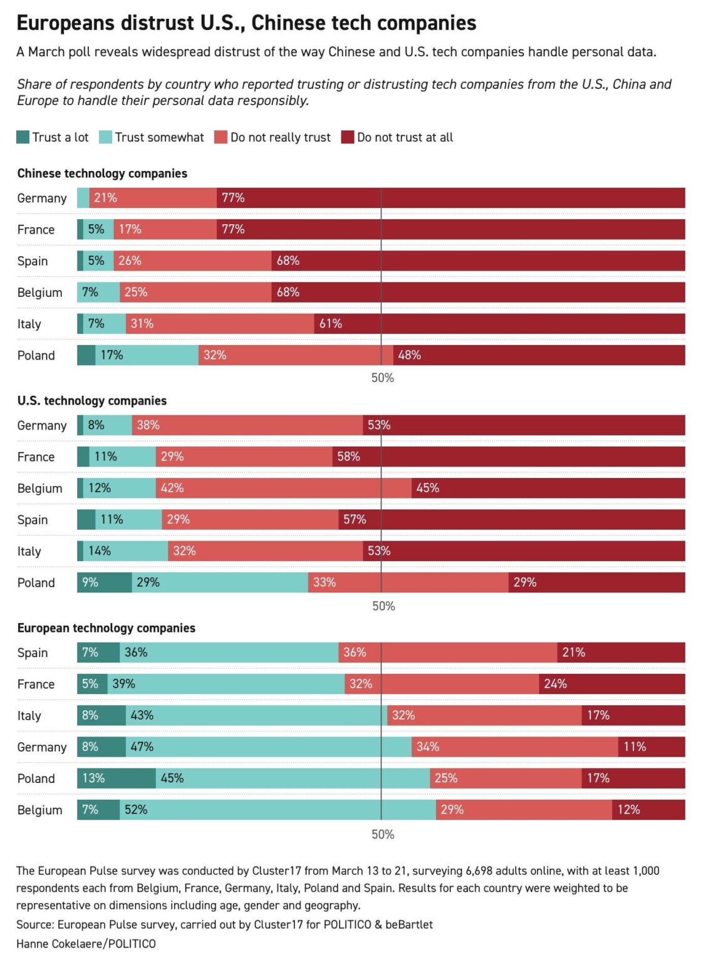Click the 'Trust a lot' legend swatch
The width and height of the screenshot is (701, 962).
pyautogui.click(x=23, y=137)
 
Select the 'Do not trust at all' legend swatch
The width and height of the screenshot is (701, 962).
pyautogui.click(x=347, y=137)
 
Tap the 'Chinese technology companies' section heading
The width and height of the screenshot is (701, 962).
pyautogui.click(x=102, y=173)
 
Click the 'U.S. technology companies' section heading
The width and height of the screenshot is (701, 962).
pyautogui.click(x=92, y=401)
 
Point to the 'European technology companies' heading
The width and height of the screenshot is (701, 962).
pyautogui.click(x=106, y=628)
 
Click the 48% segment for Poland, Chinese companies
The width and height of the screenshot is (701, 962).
pyautogui.click(x=539, y=355)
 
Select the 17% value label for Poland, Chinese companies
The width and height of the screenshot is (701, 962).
pyautogui.click(x=112, y=355)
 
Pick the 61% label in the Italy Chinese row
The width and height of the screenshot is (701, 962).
pyautogui.click(x=331, y=324)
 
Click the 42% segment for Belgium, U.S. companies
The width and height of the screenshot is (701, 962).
pyautogui.click(x=283, y=489)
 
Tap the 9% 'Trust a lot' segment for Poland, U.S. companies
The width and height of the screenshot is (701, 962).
pyautogui.click(x=104, y=582)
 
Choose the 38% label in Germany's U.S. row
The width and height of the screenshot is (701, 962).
pyautogui.click(x=148, y=425)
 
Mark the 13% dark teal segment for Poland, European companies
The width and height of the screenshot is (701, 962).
pyautogui.click(x=116, y=778)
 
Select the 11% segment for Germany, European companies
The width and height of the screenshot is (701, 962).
pyautogui.click(x=652, y=747)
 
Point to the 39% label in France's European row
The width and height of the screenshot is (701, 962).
pyautogui.click(x=123, y=684)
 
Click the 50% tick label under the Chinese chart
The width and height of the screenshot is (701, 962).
pyautogui.click(x=383, y=378)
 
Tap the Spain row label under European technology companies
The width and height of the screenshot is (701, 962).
pyautogui.click(x=33, y=653)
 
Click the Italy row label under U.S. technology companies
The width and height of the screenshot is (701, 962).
pyautogui.click(x=29, y=551)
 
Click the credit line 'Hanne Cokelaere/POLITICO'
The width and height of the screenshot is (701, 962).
pyautogui.click(x=86, y=944)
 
